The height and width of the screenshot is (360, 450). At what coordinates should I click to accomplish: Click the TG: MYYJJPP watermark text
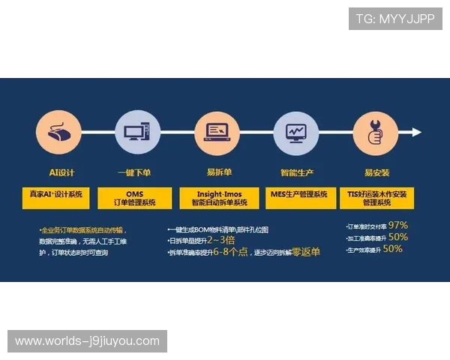click(x=395, y=19)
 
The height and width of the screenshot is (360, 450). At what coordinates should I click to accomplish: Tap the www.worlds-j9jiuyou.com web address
click(x=87, y=341)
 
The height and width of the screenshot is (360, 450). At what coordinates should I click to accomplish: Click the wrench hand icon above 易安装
click(x=376, y=133)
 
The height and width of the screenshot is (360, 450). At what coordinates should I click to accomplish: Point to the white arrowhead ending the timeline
click(x=416, y=133)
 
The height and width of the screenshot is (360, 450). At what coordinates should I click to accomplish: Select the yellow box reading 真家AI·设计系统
click(x=55, y=194)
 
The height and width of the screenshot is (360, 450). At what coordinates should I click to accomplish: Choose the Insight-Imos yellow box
click(x=218, y=198)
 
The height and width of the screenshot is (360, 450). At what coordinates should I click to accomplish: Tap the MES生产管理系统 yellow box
click(x=298, y=194)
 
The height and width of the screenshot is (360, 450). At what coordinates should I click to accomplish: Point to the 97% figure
click(x=397, y=225)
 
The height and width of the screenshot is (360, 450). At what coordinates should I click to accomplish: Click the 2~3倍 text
click(x=220, y=240)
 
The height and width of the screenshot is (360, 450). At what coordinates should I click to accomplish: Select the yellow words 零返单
click(x=305, y=252)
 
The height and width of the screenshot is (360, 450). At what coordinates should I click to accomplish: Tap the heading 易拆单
click(x=218, y=172)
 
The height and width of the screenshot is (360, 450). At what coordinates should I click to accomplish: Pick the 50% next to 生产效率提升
click(x=392, y=249)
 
